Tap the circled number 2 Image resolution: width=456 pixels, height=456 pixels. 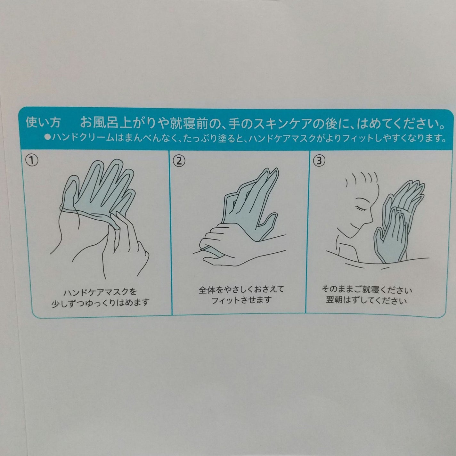coord(179,161)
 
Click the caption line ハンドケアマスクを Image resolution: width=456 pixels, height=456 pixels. coord(100,292)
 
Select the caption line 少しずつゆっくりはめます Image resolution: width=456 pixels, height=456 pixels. coord(100,302)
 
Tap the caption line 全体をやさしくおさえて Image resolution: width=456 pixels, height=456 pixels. coord(241,289)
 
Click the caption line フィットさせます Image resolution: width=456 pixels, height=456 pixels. coord(241,300)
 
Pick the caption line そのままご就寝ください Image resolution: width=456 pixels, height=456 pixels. coord(367,290)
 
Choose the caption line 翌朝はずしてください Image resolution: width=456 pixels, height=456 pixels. coord(367,301)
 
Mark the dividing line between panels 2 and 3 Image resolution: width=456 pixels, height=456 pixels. coord(305,231)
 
